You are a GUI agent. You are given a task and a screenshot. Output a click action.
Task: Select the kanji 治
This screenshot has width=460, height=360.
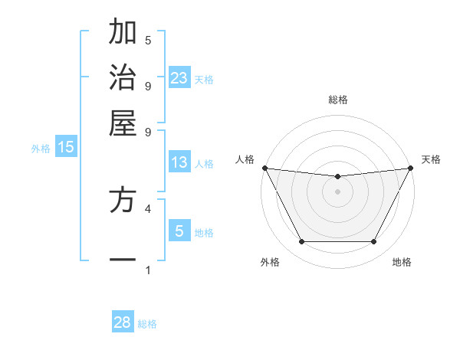(122, 78)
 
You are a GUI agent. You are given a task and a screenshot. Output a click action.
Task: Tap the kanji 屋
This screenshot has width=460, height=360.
(122, 123)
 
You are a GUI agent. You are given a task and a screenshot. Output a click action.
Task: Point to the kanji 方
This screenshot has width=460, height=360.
(122, 201)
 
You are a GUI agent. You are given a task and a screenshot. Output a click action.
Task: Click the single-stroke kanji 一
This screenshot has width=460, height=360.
(122, 261)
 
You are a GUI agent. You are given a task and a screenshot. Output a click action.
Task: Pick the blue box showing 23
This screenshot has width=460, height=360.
(179, 77)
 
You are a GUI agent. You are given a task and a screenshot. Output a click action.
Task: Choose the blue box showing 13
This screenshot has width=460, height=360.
(179, 162)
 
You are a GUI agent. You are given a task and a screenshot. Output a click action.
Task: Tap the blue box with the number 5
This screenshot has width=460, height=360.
(179, 231)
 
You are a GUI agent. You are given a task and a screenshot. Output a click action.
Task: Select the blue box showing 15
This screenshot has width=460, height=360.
(66, 147)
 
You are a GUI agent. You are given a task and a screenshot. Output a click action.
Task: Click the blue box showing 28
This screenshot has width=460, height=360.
(123, 322)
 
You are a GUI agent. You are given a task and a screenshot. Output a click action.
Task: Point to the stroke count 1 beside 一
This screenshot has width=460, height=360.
(148, 270)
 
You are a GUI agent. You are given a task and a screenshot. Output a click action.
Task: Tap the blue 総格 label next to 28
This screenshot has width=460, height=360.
(147, 324)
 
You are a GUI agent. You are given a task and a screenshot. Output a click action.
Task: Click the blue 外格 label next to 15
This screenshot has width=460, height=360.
(41, 149)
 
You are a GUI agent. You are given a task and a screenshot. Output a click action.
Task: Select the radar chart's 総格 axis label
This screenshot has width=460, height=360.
(338, 100)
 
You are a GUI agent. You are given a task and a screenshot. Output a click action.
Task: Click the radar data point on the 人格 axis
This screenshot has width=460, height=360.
(264, 168)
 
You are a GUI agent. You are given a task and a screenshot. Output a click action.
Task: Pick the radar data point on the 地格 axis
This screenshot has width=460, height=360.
(373, 242)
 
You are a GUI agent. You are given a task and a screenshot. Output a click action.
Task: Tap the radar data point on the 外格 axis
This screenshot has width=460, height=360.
(301, 242)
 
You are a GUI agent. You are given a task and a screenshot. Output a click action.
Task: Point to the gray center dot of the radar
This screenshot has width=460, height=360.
(338, 191)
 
